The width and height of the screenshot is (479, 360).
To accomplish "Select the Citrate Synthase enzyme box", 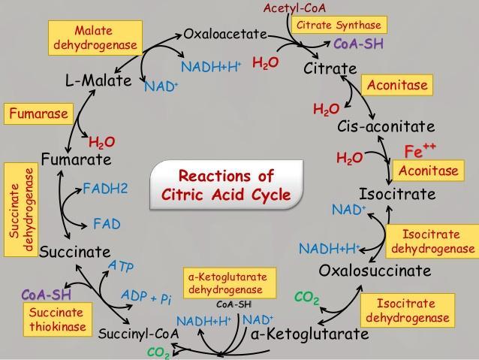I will [x=339, y=25].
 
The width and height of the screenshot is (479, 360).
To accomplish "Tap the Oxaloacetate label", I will [x=225, y=34].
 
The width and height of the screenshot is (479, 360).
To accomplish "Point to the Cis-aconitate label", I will [x=386, y=126].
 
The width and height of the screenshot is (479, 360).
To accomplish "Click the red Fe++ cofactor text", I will [x=420, y=149].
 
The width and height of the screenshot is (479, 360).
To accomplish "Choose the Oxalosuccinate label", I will [x=375, y=271].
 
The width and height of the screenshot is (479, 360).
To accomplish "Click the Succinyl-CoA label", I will [x=139, y=333].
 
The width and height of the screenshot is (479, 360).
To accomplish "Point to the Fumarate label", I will [x=76, y=159].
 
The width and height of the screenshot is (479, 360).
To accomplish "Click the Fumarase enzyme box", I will [x=38, y=114].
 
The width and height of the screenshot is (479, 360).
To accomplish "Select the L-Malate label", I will [x=98, y=80].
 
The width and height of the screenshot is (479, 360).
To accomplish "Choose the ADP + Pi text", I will [x=147, y=298].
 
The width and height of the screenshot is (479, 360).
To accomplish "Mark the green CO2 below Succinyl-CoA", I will [x=158, y=352].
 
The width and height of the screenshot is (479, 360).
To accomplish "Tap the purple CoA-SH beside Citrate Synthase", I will [x=358, y=44].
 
